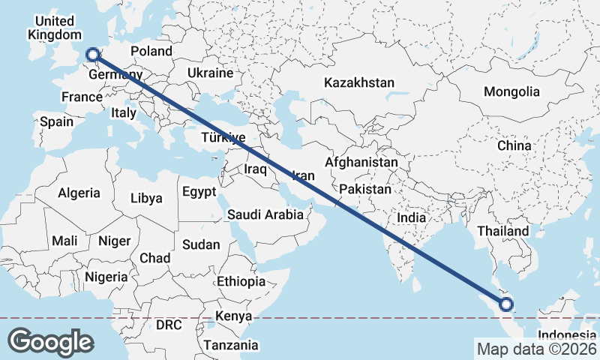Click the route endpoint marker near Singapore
(506, 304)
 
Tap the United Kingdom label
(54, 28)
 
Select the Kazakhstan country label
(359, 82)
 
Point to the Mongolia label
(511, 91)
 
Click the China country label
(514, 145)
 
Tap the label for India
(411, 217)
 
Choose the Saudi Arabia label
(265, 214)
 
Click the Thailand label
(502, 231)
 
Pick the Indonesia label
(567, 334)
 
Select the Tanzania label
(230, 345)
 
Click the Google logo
(50, 342)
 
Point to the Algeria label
(79, 193)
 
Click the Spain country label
(57, 121)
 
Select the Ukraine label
(210, 73)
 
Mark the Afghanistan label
(361, 162)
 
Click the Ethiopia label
(241, 281)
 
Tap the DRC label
(169, 325)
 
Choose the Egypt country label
(199, 192)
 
